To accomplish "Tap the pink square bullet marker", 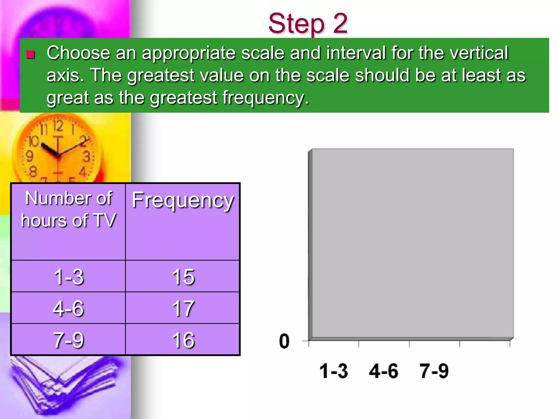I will point(31,55).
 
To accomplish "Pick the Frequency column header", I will point(183,200).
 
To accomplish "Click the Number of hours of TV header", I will point(69,209).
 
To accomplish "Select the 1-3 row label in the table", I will point(69,277).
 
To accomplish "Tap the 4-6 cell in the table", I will point(68,308).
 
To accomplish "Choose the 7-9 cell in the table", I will point(69,340).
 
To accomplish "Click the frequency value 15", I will point(183,277).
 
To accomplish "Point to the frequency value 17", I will point(183,308).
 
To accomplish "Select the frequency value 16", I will point(183,340).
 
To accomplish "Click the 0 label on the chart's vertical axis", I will point(284,341).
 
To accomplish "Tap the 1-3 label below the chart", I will point(334,371).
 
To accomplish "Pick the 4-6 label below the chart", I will point(383,371).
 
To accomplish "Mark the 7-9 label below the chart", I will point(434,371).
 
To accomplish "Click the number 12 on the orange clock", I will point(58,126).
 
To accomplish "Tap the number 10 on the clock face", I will point(34,141).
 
